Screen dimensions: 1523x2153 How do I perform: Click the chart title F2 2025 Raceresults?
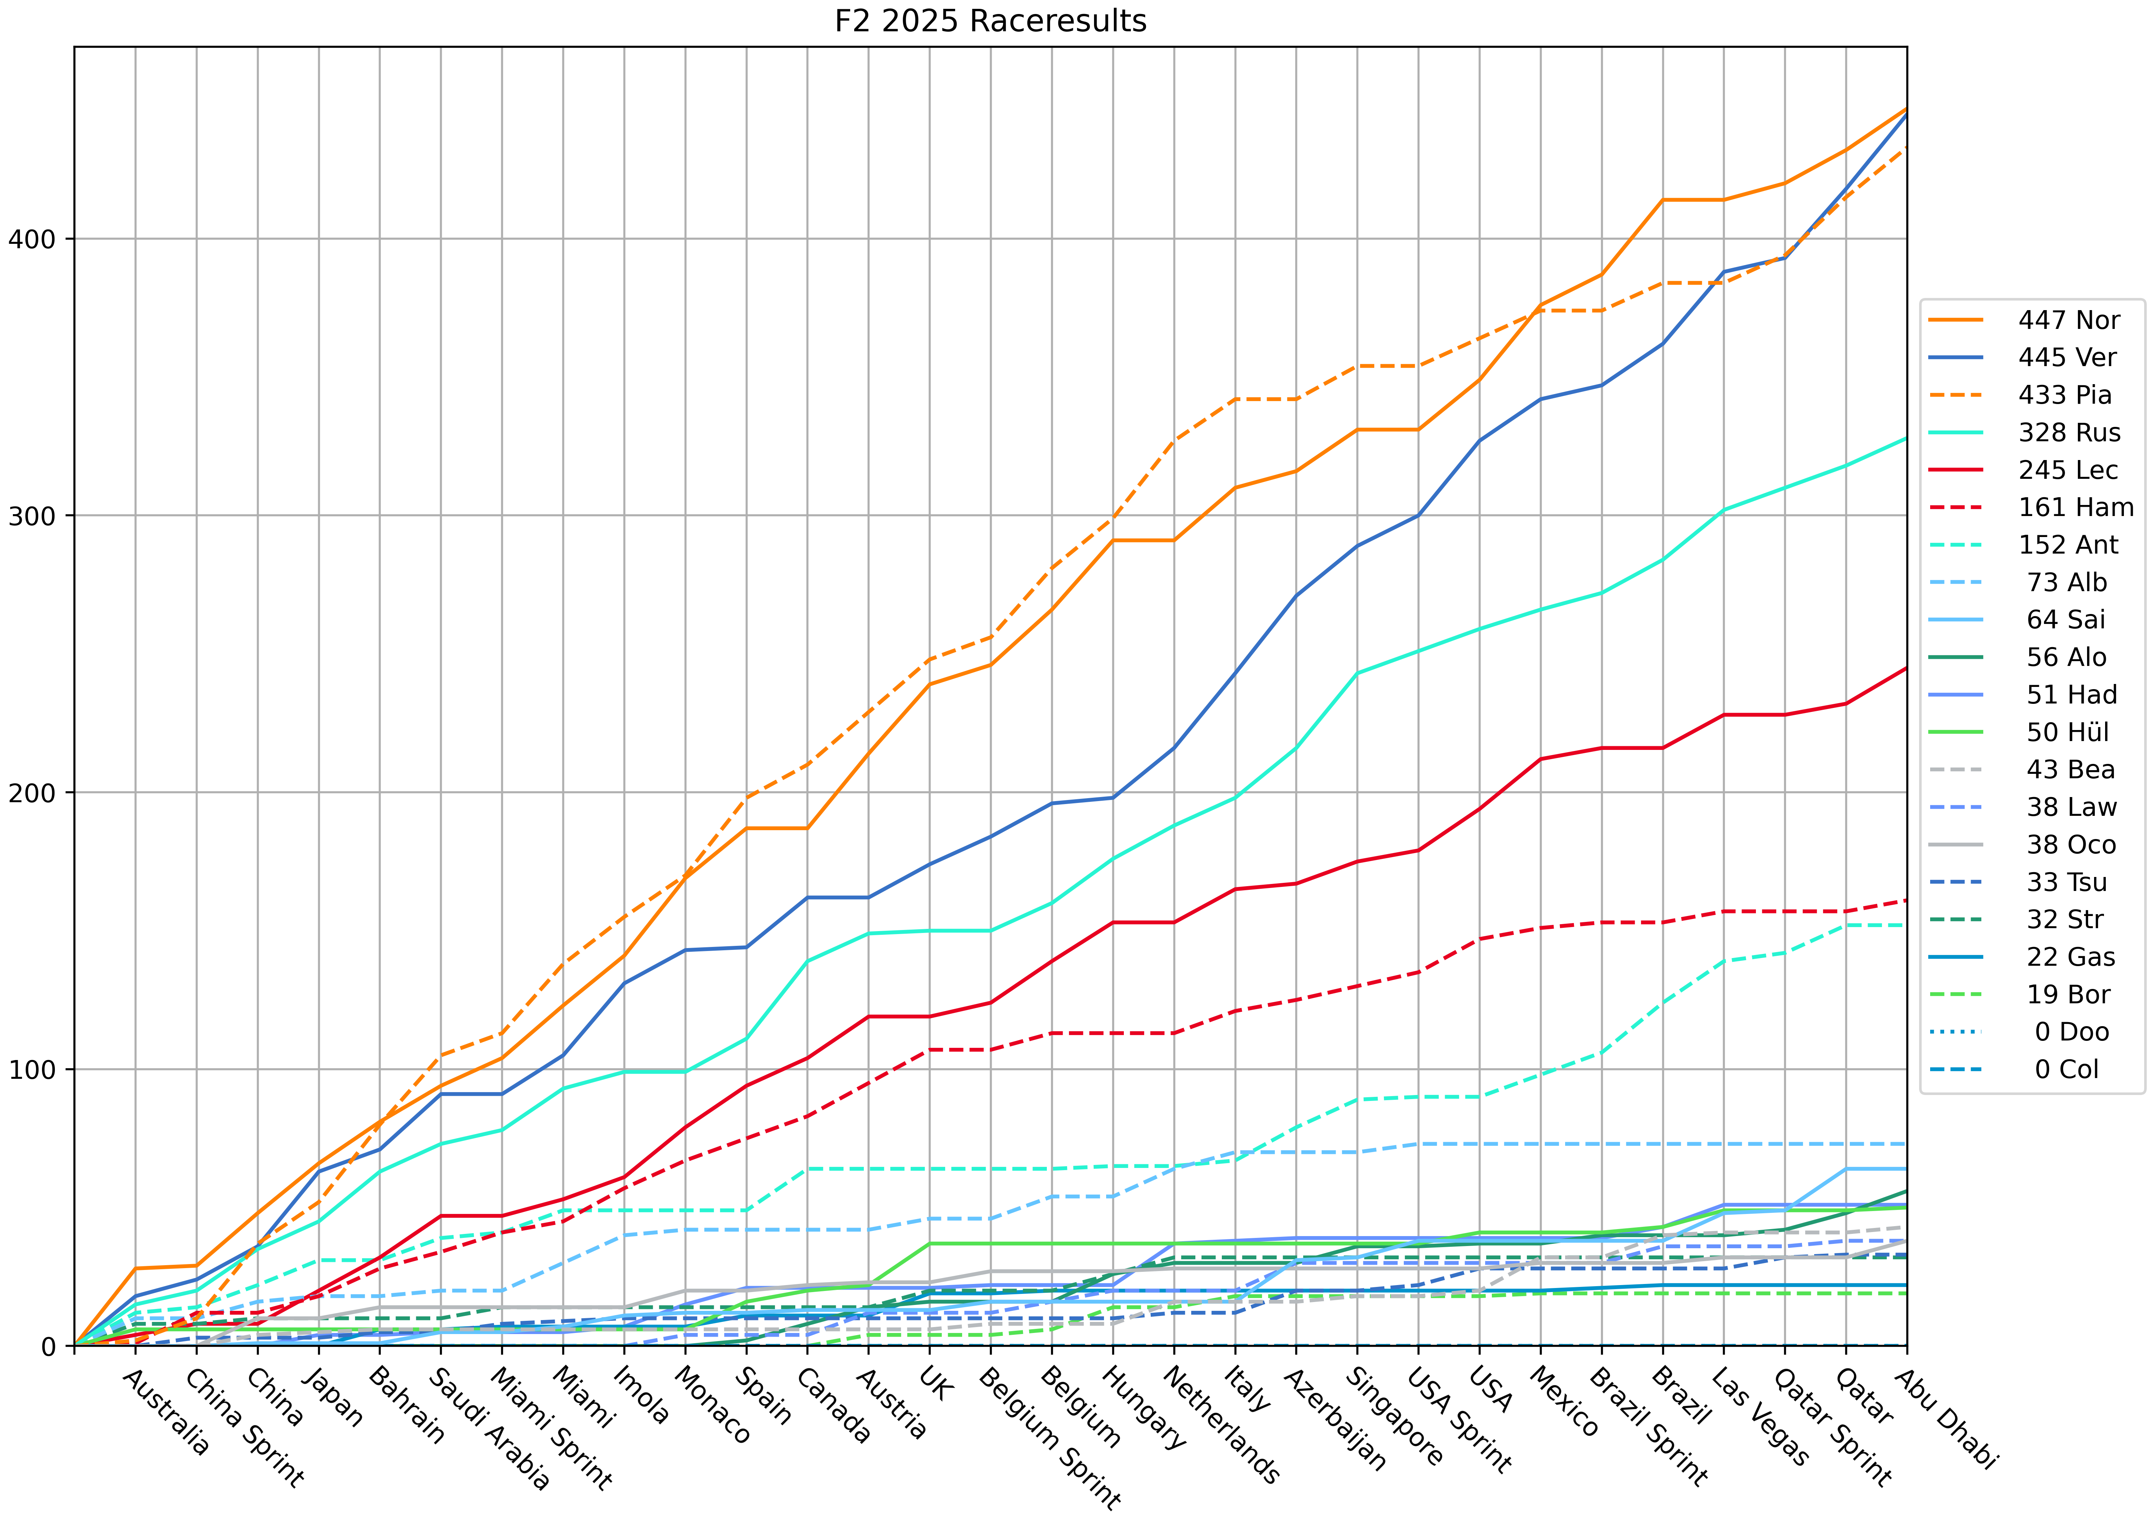click(990, 21)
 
